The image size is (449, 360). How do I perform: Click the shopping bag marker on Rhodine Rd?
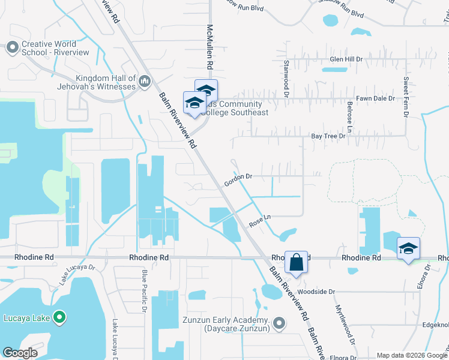pos(296,262)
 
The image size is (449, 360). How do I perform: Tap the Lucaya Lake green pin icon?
pos(59,317)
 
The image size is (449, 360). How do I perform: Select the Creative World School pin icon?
pos(12,47)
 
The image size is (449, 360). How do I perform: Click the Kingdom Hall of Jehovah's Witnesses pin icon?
pos(144,81)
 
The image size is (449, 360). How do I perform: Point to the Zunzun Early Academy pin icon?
pos(279,324)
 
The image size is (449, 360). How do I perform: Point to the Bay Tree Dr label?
pos(329,136)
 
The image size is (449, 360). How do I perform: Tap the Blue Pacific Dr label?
pos(144,290)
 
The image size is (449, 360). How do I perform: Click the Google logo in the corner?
pos(20,353)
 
